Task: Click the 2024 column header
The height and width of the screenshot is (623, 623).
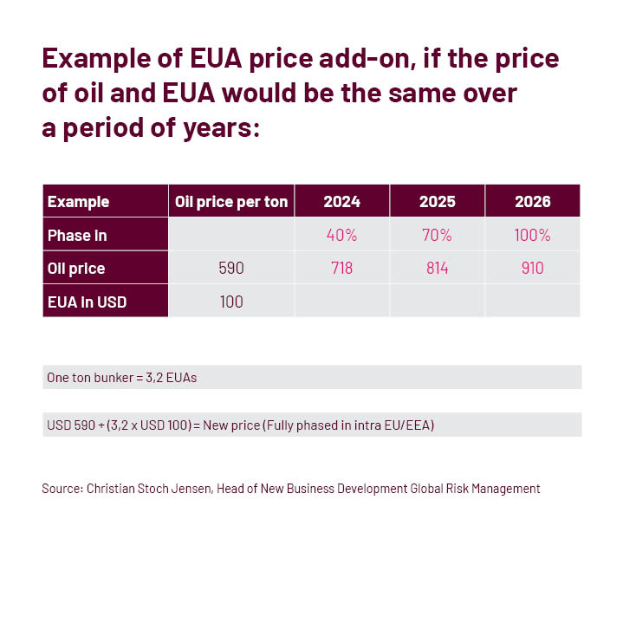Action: coord(341,202)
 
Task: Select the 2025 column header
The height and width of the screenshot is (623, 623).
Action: coord(437,202)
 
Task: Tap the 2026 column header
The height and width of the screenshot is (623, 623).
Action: coord(532,202)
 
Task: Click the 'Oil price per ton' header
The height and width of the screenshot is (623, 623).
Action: coord(231,202)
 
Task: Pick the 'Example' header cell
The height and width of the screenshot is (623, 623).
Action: coord(78,202)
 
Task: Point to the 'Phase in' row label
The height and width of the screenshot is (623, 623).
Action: coord(77,235)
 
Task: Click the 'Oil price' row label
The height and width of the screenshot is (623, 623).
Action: coord(76,269)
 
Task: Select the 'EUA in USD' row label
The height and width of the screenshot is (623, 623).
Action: coord(84,302)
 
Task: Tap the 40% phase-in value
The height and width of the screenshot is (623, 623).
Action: coord(341,235)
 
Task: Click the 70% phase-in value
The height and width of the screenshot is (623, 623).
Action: coord(437,235)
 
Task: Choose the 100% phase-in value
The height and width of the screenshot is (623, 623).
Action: coord(532,235)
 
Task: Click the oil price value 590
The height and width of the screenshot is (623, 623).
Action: coord(231,269)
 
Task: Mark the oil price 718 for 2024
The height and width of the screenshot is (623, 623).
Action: coord(341,269)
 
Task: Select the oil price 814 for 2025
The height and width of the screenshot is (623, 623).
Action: coord(437,269)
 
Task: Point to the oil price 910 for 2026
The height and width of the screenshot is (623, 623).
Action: coord(532,269)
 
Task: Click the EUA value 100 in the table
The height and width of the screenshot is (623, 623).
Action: coord(231,302)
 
